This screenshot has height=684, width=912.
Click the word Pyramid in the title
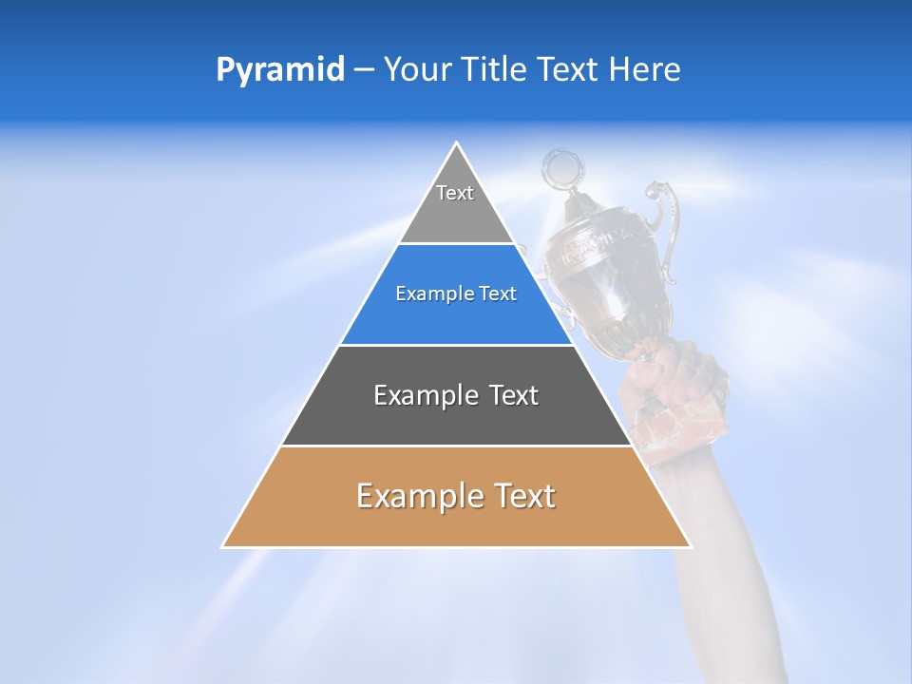click(279, 70)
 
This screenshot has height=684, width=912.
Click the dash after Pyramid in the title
click(363, 71)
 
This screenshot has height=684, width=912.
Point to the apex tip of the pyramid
click(457, 144)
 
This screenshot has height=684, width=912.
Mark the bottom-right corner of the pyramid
click(690, 546)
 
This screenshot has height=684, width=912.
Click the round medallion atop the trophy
click(561, 170)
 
